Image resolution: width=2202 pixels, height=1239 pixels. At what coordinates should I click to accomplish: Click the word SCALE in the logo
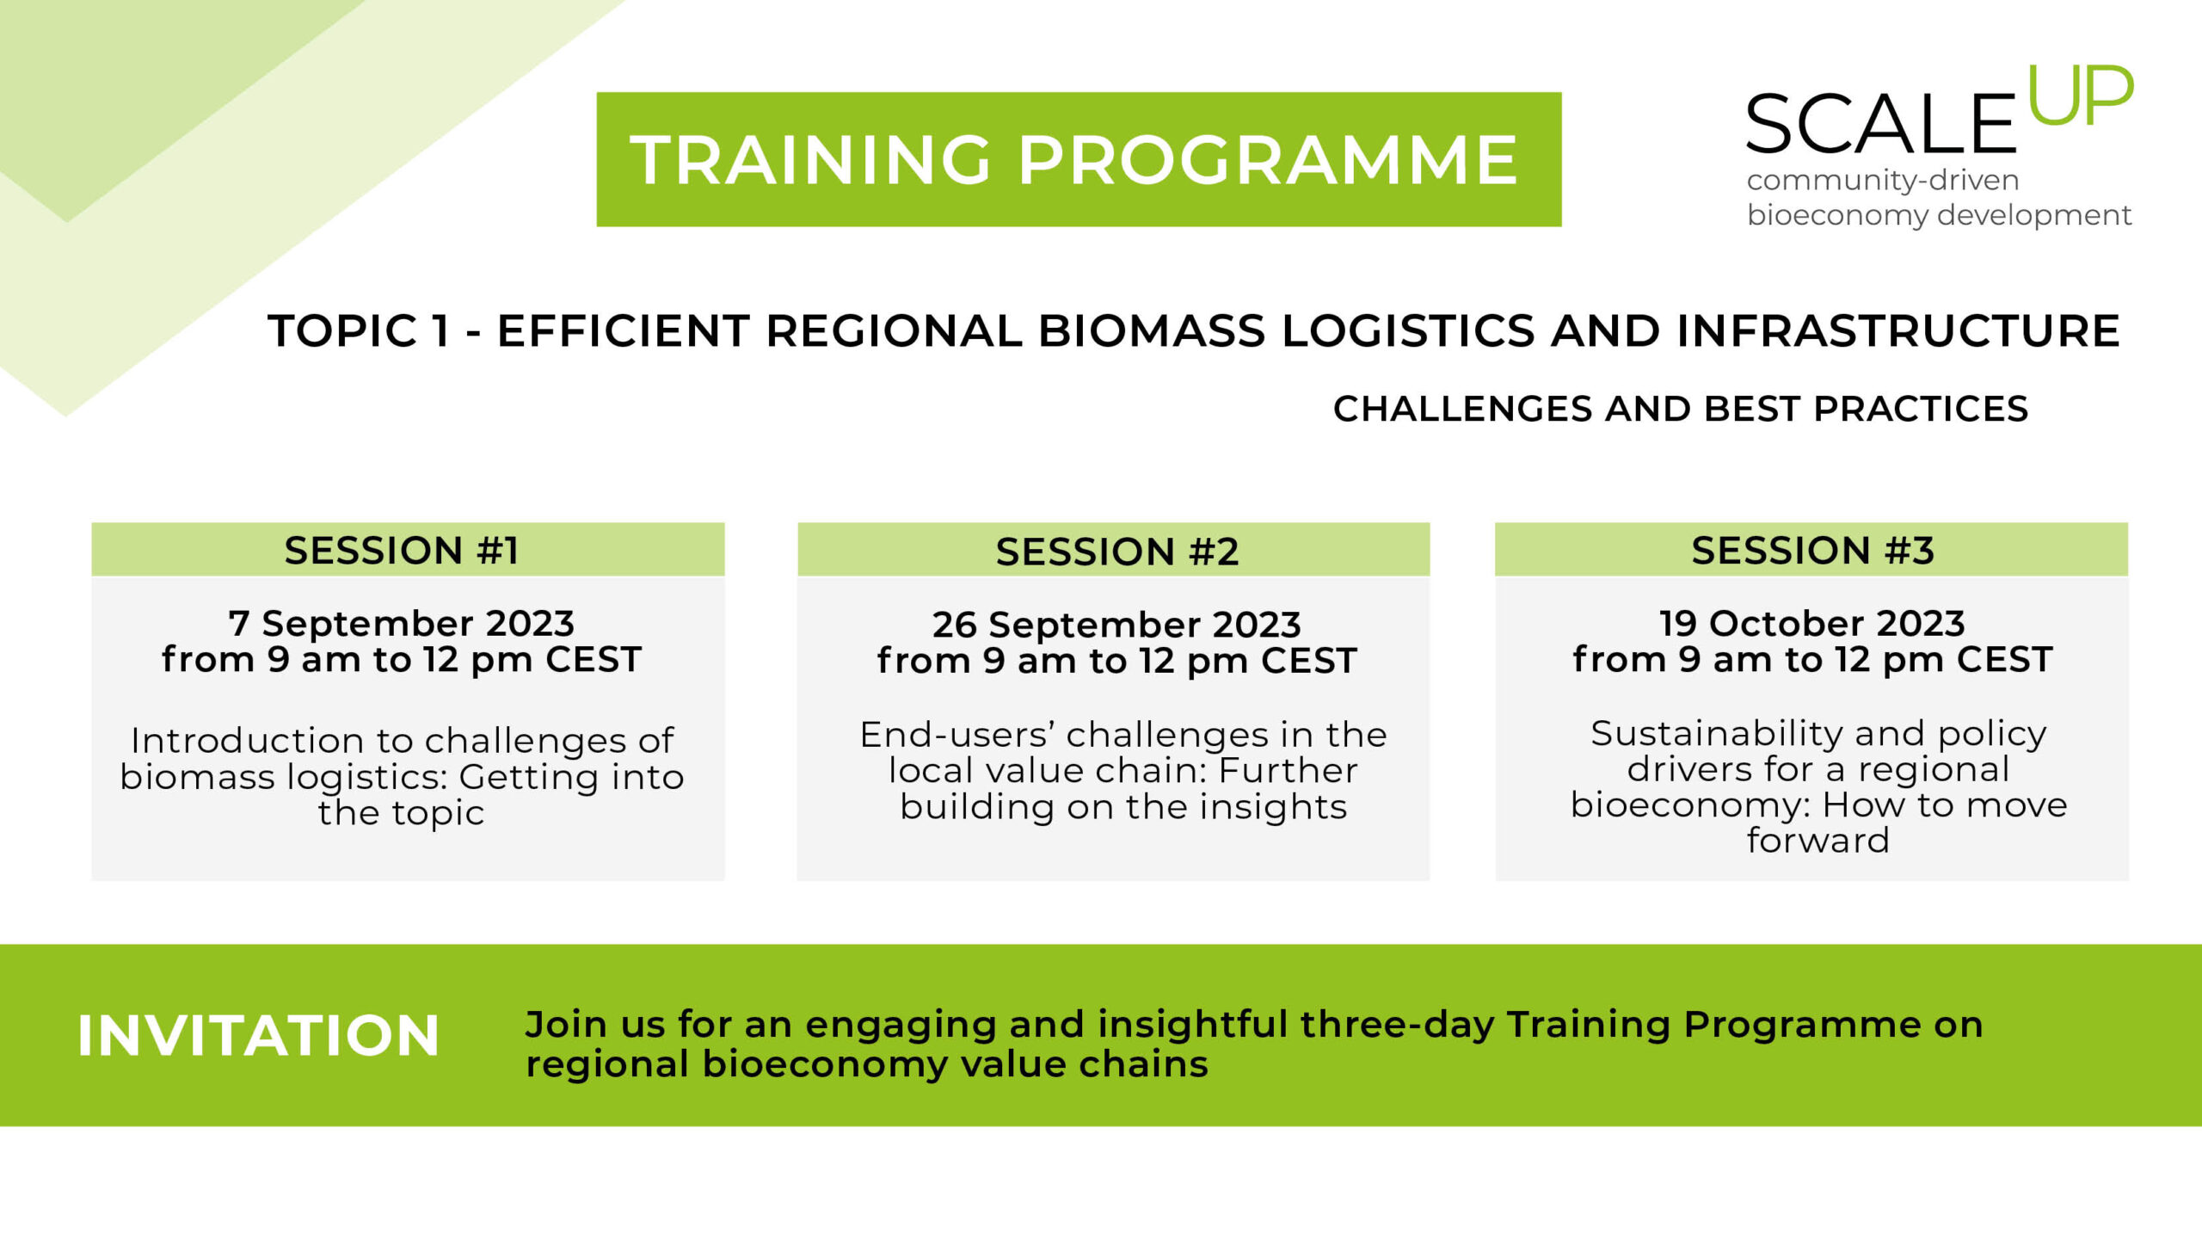tap(1881, 124)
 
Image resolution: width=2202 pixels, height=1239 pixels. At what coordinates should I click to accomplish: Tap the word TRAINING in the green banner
tap(811, 160)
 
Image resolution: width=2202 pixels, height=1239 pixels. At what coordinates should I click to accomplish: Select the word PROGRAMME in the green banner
tap(1269, 160)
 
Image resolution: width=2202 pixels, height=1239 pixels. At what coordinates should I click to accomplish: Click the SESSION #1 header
tap(402, 551)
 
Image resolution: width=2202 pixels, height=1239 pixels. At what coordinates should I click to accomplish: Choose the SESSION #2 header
tap(1117, 552)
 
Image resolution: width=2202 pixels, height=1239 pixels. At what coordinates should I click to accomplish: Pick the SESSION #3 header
tap(1813, 551)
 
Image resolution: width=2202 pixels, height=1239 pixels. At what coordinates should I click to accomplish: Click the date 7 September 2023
tap(402, 623)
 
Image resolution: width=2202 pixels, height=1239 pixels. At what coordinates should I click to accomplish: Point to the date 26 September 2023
tap(1116, 625)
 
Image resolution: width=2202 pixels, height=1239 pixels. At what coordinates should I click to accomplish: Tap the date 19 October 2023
tap(1812, 623)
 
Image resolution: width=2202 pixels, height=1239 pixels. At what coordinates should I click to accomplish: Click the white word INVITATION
tap(258, 1035)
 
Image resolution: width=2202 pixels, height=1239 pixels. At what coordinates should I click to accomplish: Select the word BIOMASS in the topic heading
tap(1153, 331)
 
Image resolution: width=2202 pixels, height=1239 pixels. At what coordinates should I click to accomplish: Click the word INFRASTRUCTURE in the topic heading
tap(1898, 331)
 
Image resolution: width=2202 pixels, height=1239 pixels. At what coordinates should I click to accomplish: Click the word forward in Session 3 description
tap(1818, 840)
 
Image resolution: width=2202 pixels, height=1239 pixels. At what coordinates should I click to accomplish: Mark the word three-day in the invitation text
tap(1397, 1025)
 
